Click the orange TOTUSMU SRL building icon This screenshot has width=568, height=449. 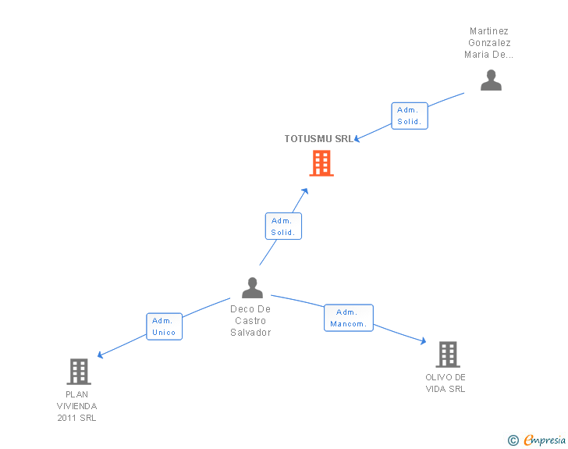click(x=321, y=163)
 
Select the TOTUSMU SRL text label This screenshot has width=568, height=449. click(x=318, y=139)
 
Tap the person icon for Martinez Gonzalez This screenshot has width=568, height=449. click(x=491, y=80)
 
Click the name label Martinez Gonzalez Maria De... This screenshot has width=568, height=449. click(x=489, y=43)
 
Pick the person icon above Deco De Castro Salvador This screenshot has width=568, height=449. click(x=252, y=288)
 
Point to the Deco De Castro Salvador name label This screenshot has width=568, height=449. click(x=250, y=321)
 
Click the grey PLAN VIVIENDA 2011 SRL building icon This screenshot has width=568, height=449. click(x=79, y=372)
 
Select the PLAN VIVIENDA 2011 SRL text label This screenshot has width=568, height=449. click(x=77, y=406)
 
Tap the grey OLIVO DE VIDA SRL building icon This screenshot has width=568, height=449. click(x=447, y=355)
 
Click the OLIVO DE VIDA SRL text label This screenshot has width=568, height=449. click(x=446, y=383)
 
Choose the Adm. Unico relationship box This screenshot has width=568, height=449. click(x=164, y=326)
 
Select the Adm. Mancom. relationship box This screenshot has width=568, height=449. click(x=349, y=318)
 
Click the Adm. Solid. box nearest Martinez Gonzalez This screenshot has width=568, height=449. click(x=410, y=116)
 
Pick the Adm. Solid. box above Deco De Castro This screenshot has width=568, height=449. click(x=282, y=226)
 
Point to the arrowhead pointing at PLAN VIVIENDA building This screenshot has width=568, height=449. click(x=100, y=356)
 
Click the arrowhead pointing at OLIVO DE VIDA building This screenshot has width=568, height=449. click(x=423, y=341)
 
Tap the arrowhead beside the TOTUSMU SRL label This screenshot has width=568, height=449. click(x=357, y=140)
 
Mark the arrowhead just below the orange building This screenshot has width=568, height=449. click(x=305, y=190)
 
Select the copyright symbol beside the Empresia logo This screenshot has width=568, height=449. click(x=513, y=440)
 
